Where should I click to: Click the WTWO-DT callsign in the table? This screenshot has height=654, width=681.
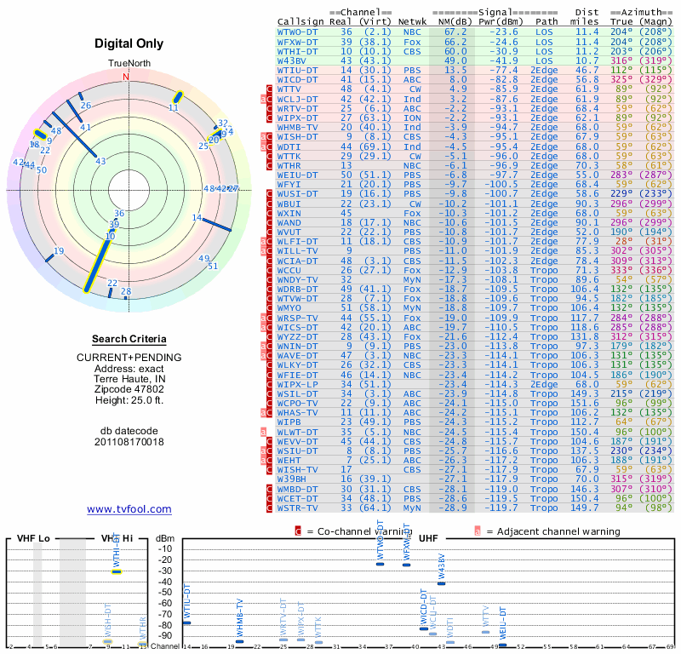298,32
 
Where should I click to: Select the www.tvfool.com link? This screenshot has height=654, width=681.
129,509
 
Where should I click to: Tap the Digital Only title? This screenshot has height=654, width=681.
129,43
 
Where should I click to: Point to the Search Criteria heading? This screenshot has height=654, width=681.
129,339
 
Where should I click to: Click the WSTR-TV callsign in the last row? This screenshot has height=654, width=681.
298,508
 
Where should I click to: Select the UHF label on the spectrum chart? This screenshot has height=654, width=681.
429,539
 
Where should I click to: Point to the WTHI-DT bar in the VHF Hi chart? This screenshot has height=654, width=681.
117,571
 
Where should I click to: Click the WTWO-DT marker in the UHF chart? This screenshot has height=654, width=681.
381,564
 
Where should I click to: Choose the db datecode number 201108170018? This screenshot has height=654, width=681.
129,442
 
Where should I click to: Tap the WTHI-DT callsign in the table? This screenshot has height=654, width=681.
298,51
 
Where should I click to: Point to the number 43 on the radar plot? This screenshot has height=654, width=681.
100,161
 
